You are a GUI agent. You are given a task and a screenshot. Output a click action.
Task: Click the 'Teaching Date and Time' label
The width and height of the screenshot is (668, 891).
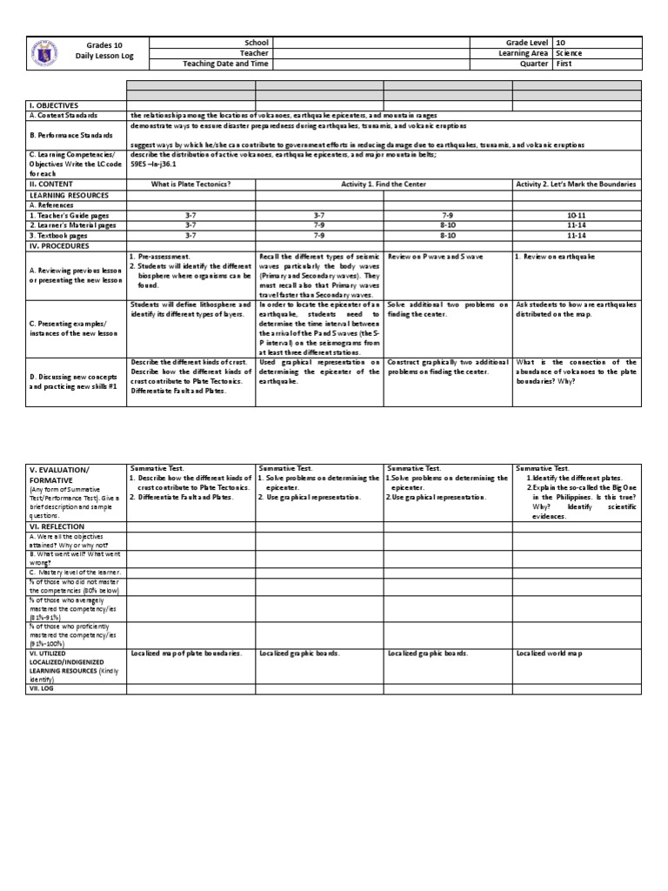225,64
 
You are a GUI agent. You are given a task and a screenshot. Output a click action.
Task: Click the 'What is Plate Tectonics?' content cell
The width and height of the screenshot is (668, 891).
190,184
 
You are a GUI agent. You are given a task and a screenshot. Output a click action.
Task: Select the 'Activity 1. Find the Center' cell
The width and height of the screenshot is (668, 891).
383,184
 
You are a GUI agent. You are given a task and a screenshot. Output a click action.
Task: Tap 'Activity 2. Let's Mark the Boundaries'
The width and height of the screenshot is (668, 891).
576,184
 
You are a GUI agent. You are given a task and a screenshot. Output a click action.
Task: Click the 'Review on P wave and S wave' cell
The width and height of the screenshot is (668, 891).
435,258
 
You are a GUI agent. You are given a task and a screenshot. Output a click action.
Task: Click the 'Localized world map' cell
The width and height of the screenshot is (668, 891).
549,653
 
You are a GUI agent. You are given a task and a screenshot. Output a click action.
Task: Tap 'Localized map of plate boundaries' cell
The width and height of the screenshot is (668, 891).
185,653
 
